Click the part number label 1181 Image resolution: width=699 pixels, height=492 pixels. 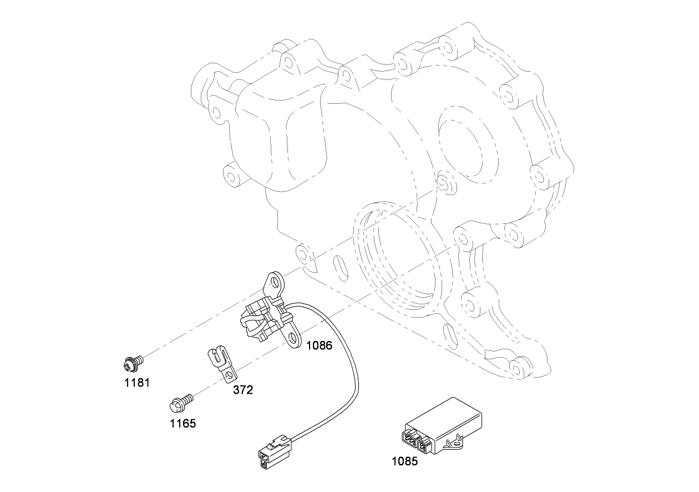coord(136,383)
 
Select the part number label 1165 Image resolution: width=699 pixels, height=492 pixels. coord(183,424)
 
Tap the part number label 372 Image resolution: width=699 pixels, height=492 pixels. coord(242,390)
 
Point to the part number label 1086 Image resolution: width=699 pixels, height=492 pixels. coord(319,345)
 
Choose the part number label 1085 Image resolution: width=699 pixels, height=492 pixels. coord(405,460)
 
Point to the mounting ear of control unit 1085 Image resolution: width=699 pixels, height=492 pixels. coord(456,443)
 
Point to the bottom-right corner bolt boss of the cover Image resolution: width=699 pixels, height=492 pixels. coord(519,368)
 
